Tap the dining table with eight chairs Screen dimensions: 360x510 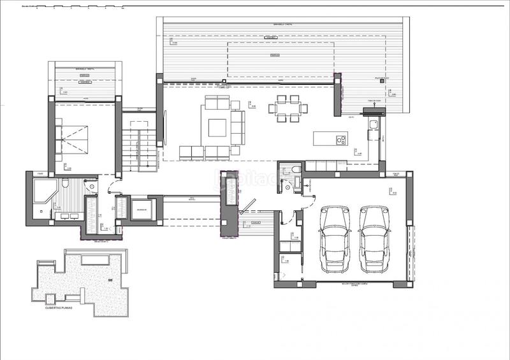click(287, 108)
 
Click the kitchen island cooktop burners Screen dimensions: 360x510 click(341, 138)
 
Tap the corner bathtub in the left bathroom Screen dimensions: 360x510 click(43, 190)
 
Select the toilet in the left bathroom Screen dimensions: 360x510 click(66, 184)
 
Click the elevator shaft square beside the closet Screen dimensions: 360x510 click(140, 209)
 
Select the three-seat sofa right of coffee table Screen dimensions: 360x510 click(238, 126)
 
